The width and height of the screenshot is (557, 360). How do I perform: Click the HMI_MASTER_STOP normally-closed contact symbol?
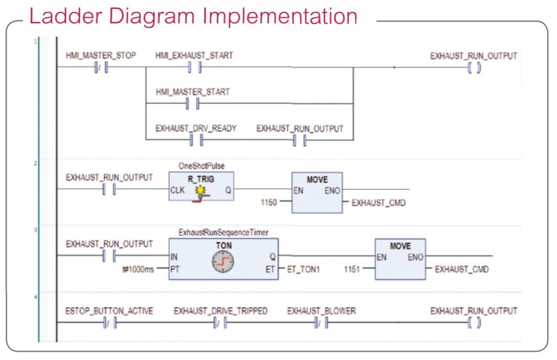(x=101, y=67)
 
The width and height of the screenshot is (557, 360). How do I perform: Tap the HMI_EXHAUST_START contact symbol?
(x=194, y=67)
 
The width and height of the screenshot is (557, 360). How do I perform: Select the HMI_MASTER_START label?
(x=193, y=92)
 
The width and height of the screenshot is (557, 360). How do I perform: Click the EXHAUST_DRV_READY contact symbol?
(x=196, y=140)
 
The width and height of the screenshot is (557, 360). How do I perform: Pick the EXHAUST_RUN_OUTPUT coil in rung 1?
(x=474, y=68)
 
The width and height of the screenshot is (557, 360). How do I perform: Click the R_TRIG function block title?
(x=201, y=179)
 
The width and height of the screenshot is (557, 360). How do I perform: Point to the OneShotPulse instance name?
(x=202, y=166)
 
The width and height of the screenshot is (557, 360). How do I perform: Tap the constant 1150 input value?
(x=269, y=202)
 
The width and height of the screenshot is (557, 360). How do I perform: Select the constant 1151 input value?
(x=352, y=269)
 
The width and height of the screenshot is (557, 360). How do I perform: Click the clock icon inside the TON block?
(x=223, y=262)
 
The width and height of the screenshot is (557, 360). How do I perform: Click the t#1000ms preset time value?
(x=138, y=269)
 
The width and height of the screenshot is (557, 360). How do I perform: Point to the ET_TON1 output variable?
(x=303, y=269)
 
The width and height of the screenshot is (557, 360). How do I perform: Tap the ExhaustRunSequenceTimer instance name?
(x=223, y=233)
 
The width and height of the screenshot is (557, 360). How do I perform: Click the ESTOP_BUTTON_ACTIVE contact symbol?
(x=110, y=323)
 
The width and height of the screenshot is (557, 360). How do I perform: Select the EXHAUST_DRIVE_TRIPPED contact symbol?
(x=220, y=323)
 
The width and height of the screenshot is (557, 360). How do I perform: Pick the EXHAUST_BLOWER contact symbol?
(x=321, y=323)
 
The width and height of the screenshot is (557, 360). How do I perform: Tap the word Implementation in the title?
(x=280, y=17)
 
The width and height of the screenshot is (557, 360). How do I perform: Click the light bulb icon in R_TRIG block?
(x=201, y=190)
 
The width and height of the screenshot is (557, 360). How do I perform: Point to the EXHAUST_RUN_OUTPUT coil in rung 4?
(x=474, y=323)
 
